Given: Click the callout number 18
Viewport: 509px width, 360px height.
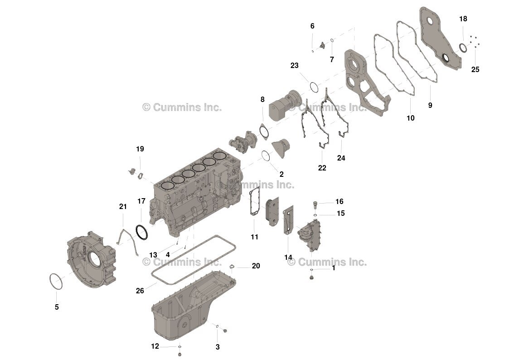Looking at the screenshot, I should (x=463, y=19).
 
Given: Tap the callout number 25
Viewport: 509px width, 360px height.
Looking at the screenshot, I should (x=475, y=69).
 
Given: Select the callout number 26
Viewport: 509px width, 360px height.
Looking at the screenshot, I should (x=140, y=291).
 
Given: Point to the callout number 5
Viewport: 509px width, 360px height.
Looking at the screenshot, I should (x=57, y=307).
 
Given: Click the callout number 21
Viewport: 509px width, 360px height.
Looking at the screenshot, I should (x=123, y=207).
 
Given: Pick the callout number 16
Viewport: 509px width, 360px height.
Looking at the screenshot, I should (x=339, y=201).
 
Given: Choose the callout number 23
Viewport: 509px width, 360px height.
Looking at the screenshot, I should (x=295, y=65).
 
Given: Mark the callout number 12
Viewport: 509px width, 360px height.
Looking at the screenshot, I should (x=155, y=346).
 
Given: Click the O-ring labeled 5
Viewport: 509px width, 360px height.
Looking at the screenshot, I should (x=56, y=281).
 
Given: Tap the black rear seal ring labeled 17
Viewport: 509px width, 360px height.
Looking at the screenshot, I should (x=142, y=233).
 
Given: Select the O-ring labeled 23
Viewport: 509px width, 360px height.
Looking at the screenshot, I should (x=314, y=86).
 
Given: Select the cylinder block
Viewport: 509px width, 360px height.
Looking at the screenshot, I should (x=195, y=195).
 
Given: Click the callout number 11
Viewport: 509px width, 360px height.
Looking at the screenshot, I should (x=254, y=237).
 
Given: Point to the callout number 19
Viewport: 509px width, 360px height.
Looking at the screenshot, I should (x=140, y=149).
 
